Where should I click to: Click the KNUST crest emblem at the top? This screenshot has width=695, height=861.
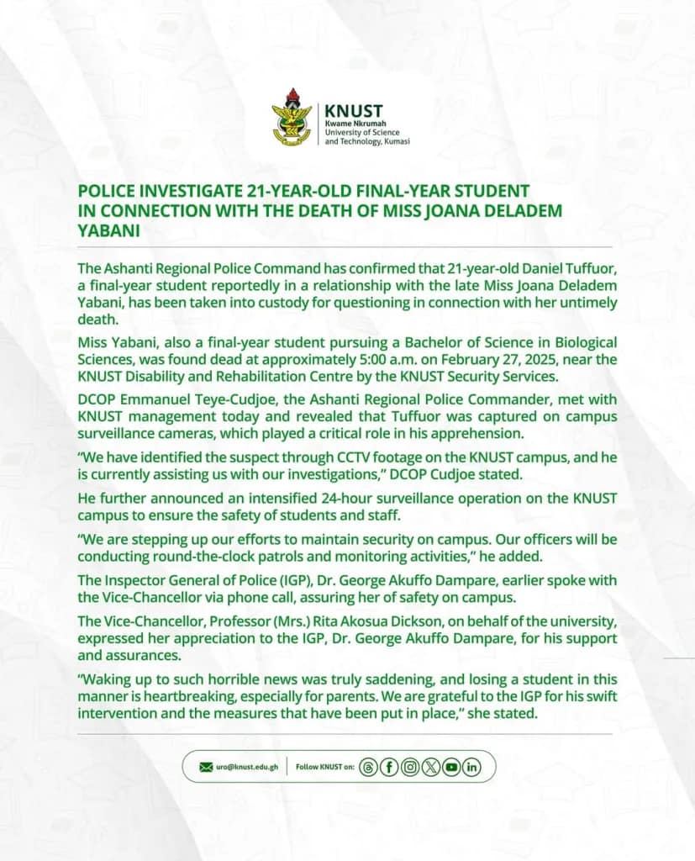(292, 117)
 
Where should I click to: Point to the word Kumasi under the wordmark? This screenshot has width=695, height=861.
(393, 142)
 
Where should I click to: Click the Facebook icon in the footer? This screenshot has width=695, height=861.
(389, 767)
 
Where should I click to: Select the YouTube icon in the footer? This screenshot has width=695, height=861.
(451, 767)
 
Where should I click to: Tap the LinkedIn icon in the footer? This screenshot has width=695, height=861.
(471, 767)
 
